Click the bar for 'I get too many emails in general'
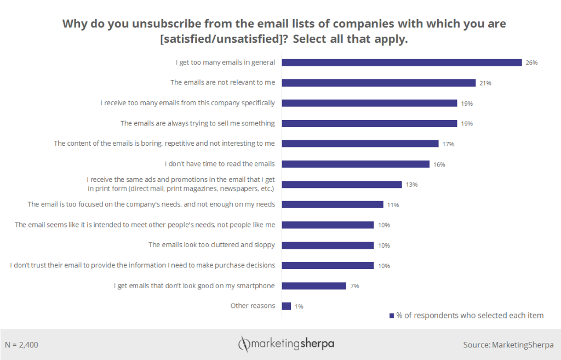402,62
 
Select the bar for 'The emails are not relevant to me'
379,83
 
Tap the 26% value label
531,63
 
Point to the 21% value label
485,83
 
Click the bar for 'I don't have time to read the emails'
356,164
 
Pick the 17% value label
449,144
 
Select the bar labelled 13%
342,184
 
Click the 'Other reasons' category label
253,306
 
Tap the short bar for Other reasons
286,306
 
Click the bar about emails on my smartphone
314,285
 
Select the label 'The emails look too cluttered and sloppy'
211,245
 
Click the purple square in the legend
391,316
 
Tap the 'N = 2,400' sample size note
21,345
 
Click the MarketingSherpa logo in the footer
285,344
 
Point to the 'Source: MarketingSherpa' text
508,345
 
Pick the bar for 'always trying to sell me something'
369,123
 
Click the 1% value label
299,306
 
